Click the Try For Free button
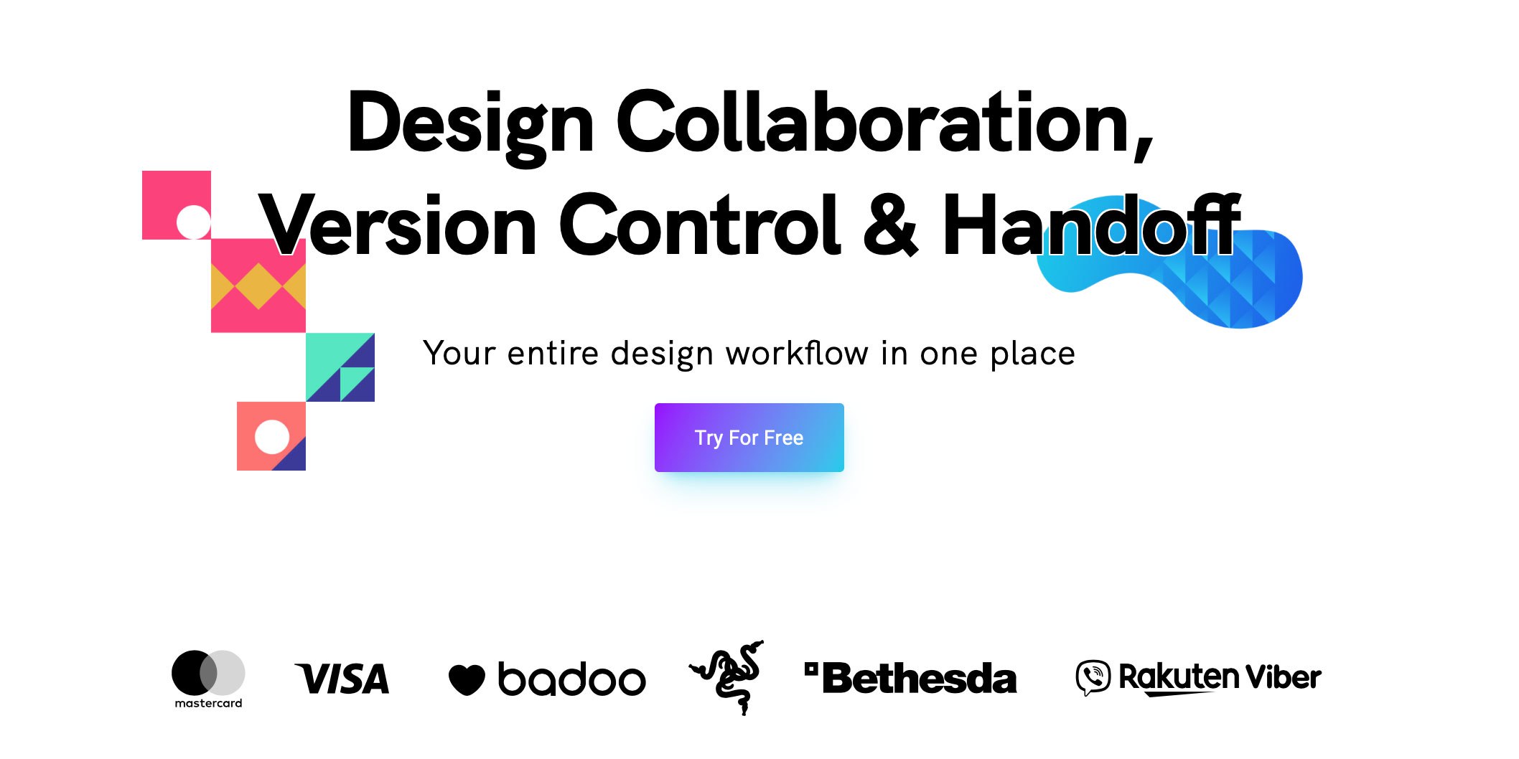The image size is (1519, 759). click(749, 438)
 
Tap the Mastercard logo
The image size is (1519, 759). click(208, 679)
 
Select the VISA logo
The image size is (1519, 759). click(342, 679)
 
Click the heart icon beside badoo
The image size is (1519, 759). click(467, 679)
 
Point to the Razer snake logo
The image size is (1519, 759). click(727, 677)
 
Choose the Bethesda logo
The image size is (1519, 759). click(911, 678)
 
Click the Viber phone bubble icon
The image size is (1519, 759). click(1093, 678)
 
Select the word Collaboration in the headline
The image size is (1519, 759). click(884, 123)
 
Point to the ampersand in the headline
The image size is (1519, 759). click(890, 225)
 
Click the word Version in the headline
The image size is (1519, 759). click(398, 225)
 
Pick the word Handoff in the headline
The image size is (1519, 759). click(1092, 224)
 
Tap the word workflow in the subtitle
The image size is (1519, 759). click(797, 353)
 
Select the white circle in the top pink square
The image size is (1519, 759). click(193, 222)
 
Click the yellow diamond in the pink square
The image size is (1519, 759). click(258, 286)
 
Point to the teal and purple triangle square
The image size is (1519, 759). click(340, 367)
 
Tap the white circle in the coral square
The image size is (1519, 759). click(272, 437)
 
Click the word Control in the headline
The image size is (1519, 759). click(700, 225)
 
